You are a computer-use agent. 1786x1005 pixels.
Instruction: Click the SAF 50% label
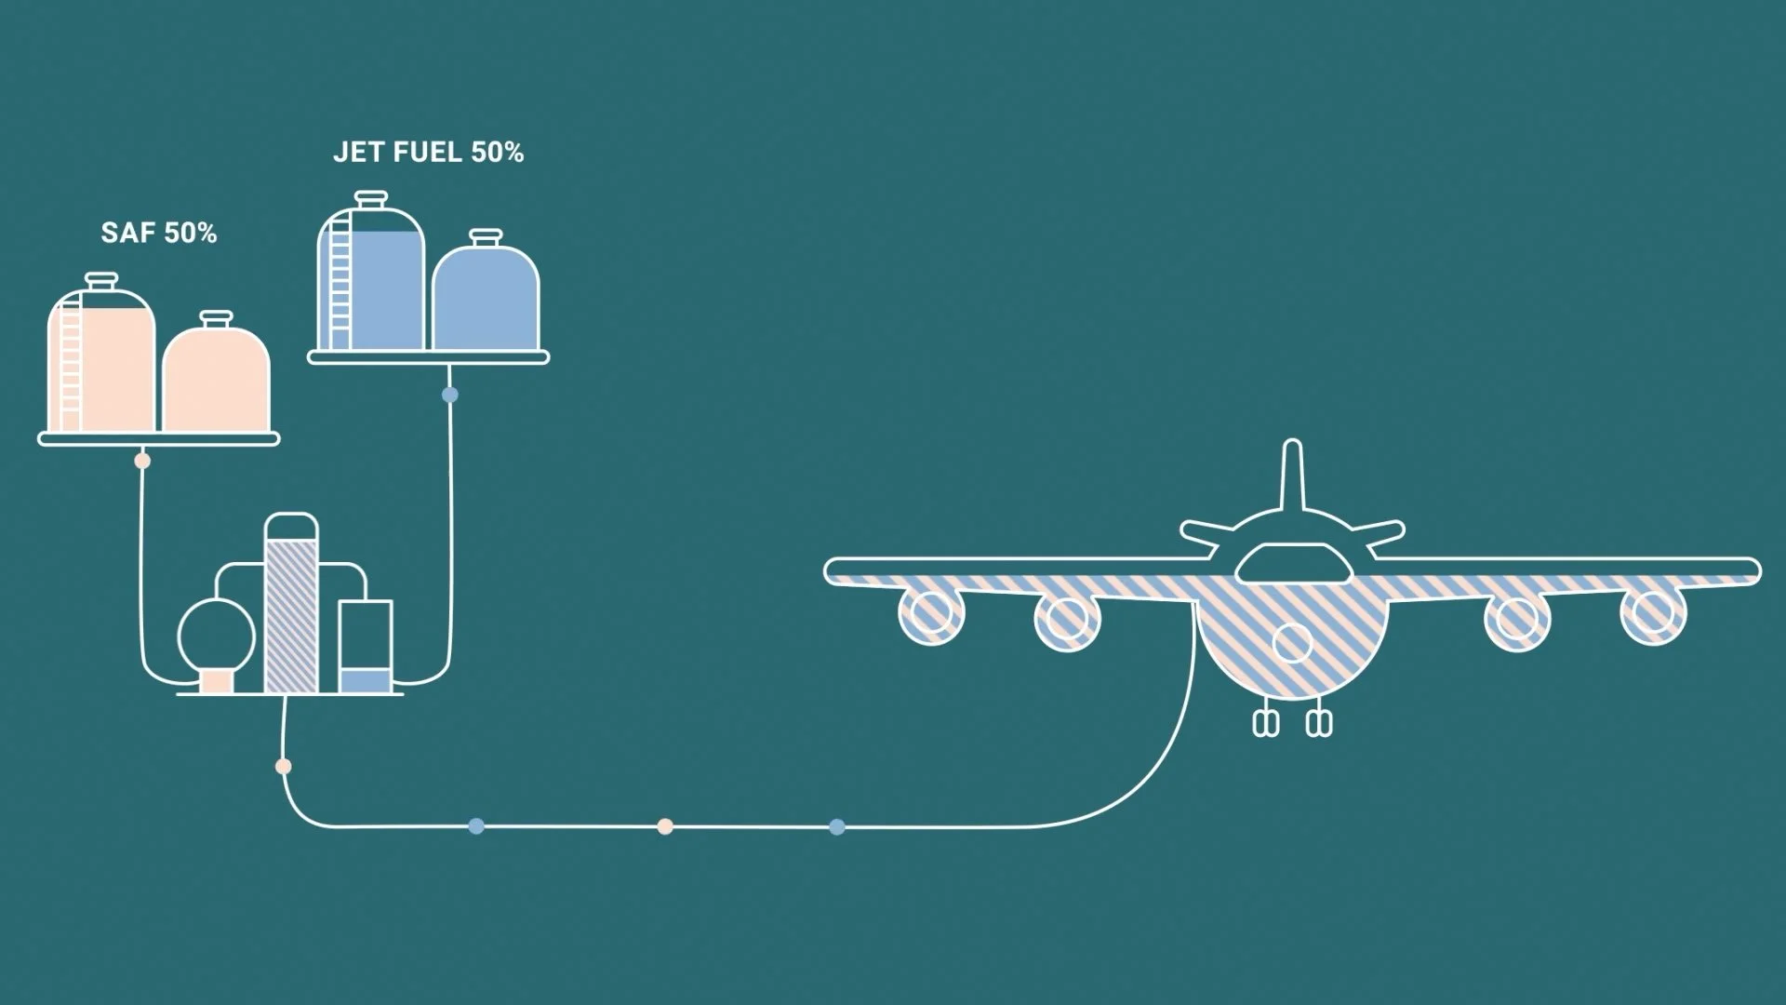coord(159,233)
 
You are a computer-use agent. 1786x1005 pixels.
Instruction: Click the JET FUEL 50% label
coord(429,153)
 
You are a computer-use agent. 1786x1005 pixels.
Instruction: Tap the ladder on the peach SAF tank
coord(71,368)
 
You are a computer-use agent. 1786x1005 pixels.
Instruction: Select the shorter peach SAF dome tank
coord(217,377)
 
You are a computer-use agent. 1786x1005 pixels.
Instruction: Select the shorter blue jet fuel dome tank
coord(486,296)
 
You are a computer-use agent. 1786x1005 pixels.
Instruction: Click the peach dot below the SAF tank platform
coord(142,461)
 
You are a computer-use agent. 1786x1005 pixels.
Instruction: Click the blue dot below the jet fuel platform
coord(450,395)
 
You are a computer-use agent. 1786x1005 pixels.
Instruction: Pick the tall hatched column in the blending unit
coord(291,610)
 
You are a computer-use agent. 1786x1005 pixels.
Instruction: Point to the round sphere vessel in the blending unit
coord(217,636)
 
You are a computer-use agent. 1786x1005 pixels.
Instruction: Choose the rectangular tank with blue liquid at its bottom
coord(365,647)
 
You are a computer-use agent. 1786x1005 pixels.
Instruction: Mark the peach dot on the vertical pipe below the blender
coord(284,767)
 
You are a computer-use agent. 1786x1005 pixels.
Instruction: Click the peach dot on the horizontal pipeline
coord(665,826)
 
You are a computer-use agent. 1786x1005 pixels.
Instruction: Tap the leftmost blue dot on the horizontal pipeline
coord(476,826)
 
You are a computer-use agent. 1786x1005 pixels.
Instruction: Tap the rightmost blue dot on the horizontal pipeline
coord(837,826)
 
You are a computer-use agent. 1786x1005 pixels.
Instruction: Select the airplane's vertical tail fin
coord(1292,475)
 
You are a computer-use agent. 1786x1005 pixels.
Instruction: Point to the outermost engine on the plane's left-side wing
coord(931,614)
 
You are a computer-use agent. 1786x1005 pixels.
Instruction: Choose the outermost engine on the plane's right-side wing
coord(1653,614)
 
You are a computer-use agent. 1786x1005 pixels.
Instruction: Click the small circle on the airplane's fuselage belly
coord(1292,642)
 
